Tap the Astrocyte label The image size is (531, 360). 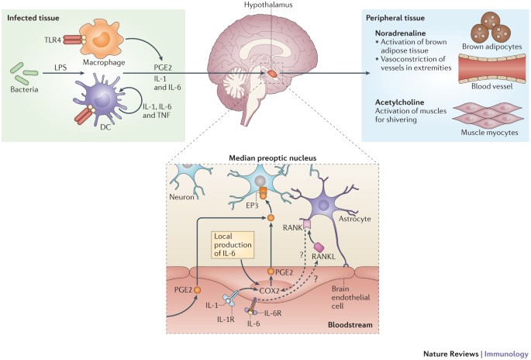[349, 221]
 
